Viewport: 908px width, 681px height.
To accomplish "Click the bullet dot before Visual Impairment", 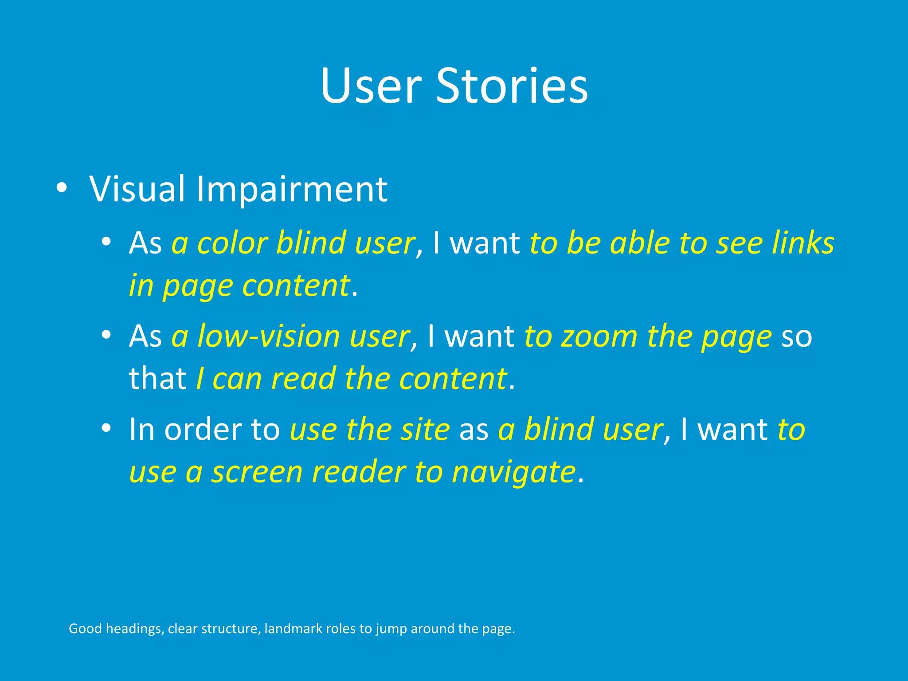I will pos(62,189).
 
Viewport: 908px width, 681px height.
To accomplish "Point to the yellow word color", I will pos(232,244).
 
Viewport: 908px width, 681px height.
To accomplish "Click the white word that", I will pos(157,379).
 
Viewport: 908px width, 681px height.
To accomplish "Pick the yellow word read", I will pos(304,380).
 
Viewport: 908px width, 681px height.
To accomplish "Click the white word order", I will pos(203,430).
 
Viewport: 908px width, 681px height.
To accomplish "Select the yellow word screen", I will pos(257,472).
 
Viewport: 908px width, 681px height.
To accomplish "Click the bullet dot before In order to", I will pos(106,428).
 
